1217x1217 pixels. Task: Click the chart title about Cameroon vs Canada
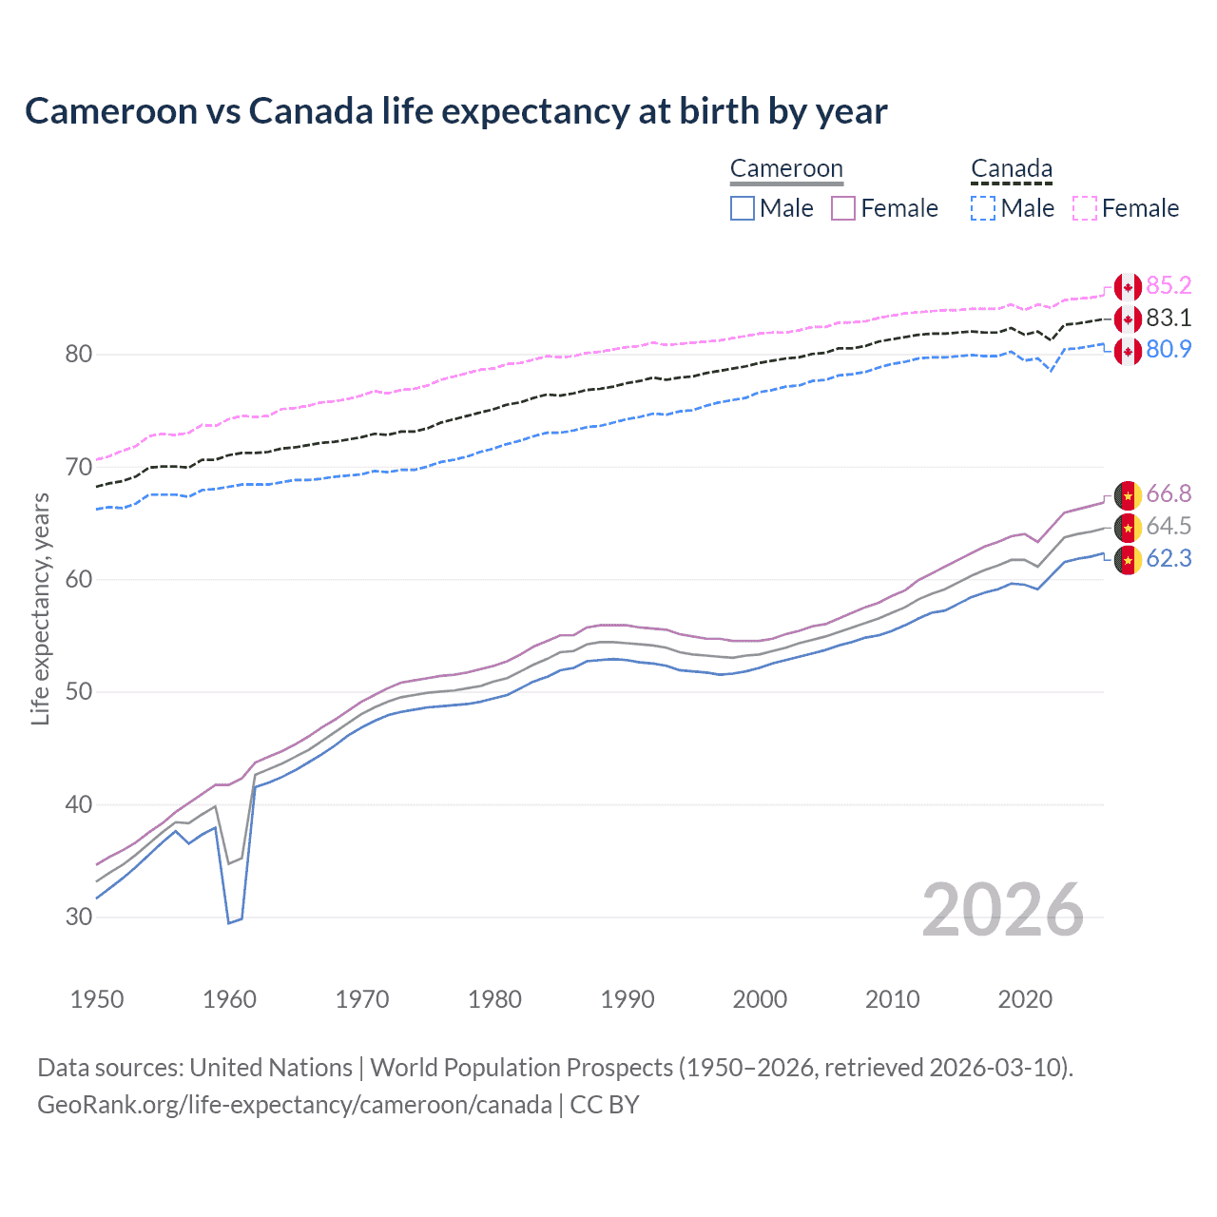click(455, 111)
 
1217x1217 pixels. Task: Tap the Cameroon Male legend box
click(743, 208)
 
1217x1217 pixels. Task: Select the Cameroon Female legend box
click(843, 208)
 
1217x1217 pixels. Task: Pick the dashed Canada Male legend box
click(983, 208)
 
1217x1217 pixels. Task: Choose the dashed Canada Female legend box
click(1085, 208)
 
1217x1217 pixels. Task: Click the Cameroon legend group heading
click(786, 169)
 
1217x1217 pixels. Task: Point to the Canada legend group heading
click(1012, 169)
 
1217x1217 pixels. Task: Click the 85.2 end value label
click(1169, 286)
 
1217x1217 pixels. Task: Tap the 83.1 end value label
click(1169, 318)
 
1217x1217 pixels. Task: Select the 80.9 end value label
click(1169, 350)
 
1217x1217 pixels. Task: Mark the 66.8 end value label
click(1169, 493)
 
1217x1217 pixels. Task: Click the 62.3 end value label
click(1169, 558)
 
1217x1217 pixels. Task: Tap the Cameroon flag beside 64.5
click(1128, 527)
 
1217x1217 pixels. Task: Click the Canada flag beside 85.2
click(1128, 287)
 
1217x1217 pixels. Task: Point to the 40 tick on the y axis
click(79, 804)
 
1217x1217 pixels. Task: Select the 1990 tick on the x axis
click(628, 999)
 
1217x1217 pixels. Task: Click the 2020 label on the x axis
click(1025, 999)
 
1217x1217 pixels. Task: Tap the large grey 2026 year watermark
click(1002, 910)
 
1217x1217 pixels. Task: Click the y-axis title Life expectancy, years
click(40, 608)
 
